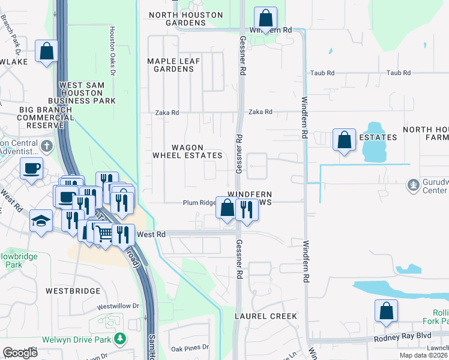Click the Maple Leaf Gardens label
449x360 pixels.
coord(173,65)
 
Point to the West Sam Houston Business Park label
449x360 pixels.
coord(88,93)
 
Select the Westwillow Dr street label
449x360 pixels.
coord(118,306)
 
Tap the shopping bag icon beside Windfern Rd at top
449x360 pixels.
coord(265,17)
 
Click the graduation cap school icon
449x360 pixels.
coord(41,222)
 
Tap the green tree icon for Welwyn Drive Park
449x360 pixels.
coord(120,338)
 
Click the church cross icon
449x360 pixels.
coord(46,146)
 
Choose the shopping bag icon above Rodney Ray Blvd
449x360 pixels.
coord(386,311)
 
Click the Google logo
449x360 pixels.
coord(20,353)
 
